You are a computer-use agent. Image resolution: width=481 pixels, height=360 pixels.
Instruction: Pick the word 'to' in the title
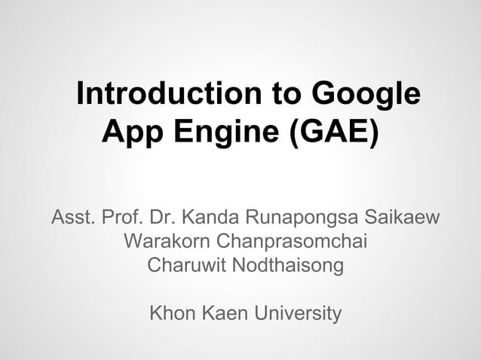click(x=280, y=96)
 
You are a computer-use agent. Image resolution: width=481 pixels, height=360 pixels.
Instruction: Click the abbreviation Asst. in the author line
click(x=72, y=219)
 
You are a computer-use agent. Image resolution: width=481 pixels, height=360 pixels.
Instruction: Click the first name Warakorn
click(x=165, y=243)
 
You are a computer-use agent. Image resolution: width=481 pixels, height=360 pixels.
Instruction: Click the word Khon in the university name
click(x=174, y=313)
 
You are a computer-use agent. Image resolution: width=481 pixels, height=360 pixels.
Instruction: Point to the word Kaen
click(x=225, y=313)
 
